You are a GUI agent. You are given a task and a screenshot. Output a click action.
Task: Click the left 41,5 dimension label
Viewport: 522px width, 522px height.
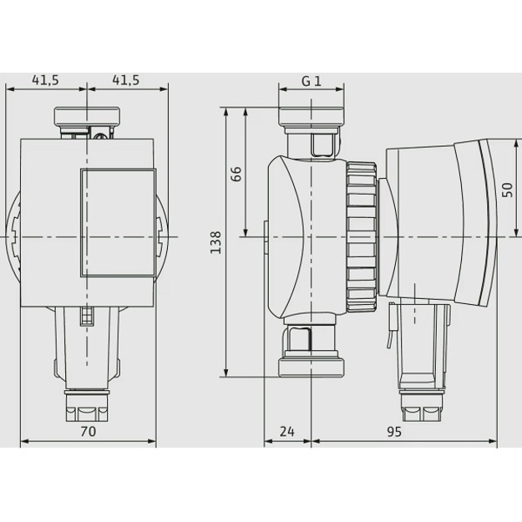point(45,80)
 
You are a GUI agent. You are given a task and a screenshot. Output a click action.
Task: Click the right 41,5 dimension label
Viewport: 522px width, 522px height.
point(126,80)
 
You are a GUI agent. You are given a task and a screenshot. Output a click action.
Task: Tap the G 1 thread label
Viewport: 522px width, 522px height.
point(312,81)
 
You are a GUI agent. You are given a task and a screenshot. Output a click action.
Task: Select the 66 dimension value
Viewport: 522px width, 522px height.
point(236,174)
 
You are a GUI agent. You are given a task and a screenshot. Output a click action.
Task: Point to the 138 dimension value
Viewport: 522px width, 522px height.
point(215,242)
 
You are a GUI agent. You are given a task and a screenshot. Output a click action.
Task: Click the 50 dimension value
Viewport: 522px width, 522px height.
point(507,190)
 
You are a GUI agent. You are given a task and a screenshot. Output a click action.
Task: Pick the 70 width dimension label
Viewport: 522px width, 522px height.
point(89,431)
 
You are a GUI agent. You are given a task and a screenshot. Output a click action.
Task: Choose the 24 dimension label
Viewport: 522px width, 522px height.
point(287,431)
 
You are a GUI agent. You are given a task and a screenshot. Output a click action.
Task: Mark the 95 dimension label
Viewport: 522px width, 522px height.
point(394,432)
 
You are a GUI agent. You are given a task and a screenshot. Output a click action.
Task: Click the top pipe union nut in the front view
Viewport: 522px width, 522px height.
point(87,116)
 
